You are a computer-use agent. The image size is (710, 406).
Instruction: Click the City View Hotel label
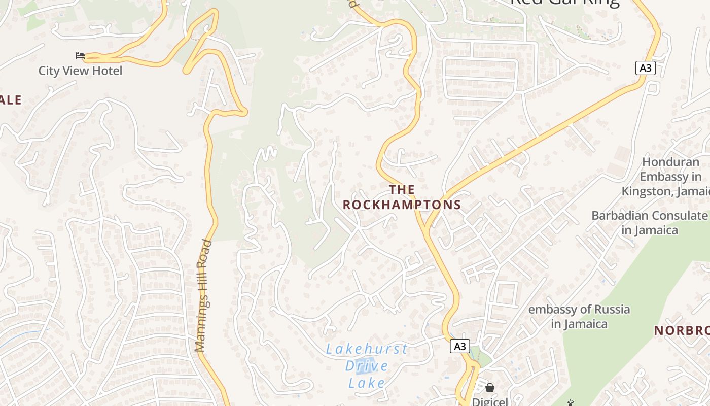[80, 71]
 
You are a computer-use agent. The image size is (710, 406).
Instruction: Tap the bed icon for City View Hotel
[80, 56]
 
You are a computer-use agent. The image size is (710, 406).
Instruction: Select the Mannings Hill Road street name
[204, 296]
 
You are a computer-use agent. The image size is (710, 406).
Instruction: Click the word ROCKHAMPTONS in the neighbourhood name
[402, 205]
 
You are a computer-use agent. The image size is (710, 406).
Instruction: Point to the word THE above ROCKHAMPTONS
[402, 190]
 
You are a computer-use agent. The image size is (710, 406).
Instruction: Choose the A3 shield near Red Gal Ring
[645, 68]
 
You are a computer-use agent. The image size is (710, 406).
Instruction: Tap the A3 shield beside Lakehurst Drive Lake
[459, 347]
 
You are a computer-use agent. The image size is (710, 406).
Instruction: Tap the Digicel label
[489, 401]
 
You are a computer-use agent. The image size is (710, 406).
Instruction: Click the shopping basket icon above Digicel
[490, 388]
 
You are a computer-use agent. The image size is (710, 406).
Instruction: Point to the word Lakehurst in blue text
[366, 349]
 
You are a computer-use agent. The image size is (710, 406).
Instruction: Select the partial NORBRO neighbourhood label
[682, 331]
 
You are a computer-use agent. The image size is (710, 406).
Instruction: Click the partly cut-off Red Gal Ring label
[564, 3]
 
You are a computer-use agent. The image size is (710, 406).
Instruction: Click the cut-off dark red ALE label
[11, 100]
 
